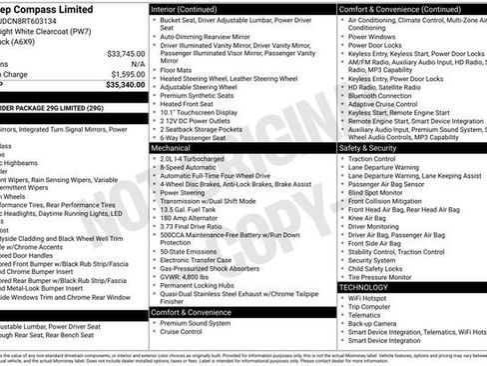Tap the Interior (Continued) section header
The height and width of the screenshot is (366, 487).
191,8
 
